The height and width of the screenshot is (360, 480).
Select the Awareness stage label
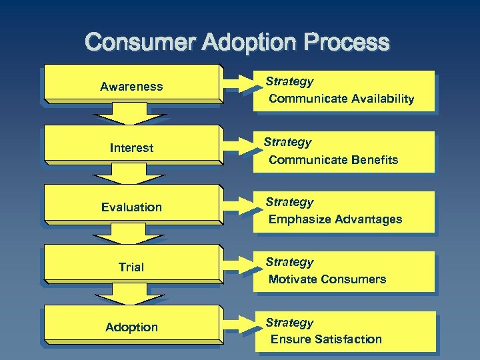(131, 87)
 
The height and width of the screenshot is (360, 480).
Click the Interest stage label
(131, 147)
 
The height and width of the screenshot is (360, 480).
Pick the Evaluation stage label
(131, 207)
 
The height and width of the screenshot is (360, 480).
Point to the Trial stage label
(131, 267)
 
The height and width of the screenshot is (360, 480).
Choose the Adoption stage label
(131, 327)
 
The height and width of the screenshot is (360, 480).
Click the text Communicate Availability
(341, 99)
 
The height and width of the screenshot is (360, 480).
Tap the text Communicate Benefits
(333, 160)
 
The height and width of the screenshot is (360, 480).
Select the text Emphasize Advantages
(335, 219)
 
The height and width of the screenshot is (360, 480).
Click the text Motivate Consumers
(327, 279)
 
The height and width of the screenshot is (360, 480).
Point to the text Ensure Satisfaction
(326, 339)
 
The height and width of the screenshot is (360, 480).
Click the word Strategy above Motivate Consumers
(289, 262)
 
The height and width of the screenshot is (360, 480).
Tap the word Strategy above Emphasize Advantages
(289, 202)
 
